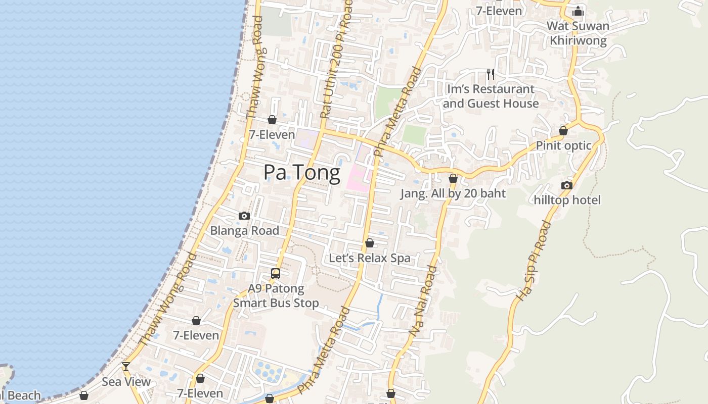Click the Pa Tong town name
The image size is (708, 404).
pos(302,173)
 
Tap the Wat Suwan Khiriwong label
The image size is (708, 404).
pos(578,33)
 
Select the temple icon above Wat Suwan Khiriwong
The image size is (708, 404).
pos(578,11)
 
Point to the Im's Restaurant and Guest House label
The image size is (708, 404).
pos(491,96)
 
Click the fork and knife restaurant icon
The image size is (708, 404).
pos(490,74)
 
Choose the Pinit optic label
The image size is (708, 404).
pos(563,145)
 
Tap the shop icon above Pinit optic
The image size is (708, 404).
pos(563,131)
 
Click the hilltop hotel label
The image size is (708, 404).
pos(567,200)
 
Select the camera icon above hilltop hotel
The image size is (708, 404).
pos(567,185)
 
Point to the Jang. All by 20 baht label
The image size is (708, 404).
pos(453,193)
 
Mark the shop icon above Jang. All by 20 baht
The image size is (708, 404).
pos(453,178)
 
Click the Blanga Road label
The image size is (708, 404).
pos(244,230)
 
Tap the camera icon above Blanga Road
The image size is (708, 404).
pos(244,216)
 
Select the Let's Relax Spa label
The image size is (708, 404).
pos(370,258)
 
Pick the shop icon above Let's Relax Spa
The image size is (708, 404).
pos(370,243)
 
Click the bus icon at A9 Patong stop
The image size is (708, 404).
pos(276,274)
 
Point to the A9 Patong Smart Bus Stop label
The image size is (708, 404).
pos(276,296)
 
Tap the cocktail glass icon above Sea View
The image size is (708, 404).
pos(126,367)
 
